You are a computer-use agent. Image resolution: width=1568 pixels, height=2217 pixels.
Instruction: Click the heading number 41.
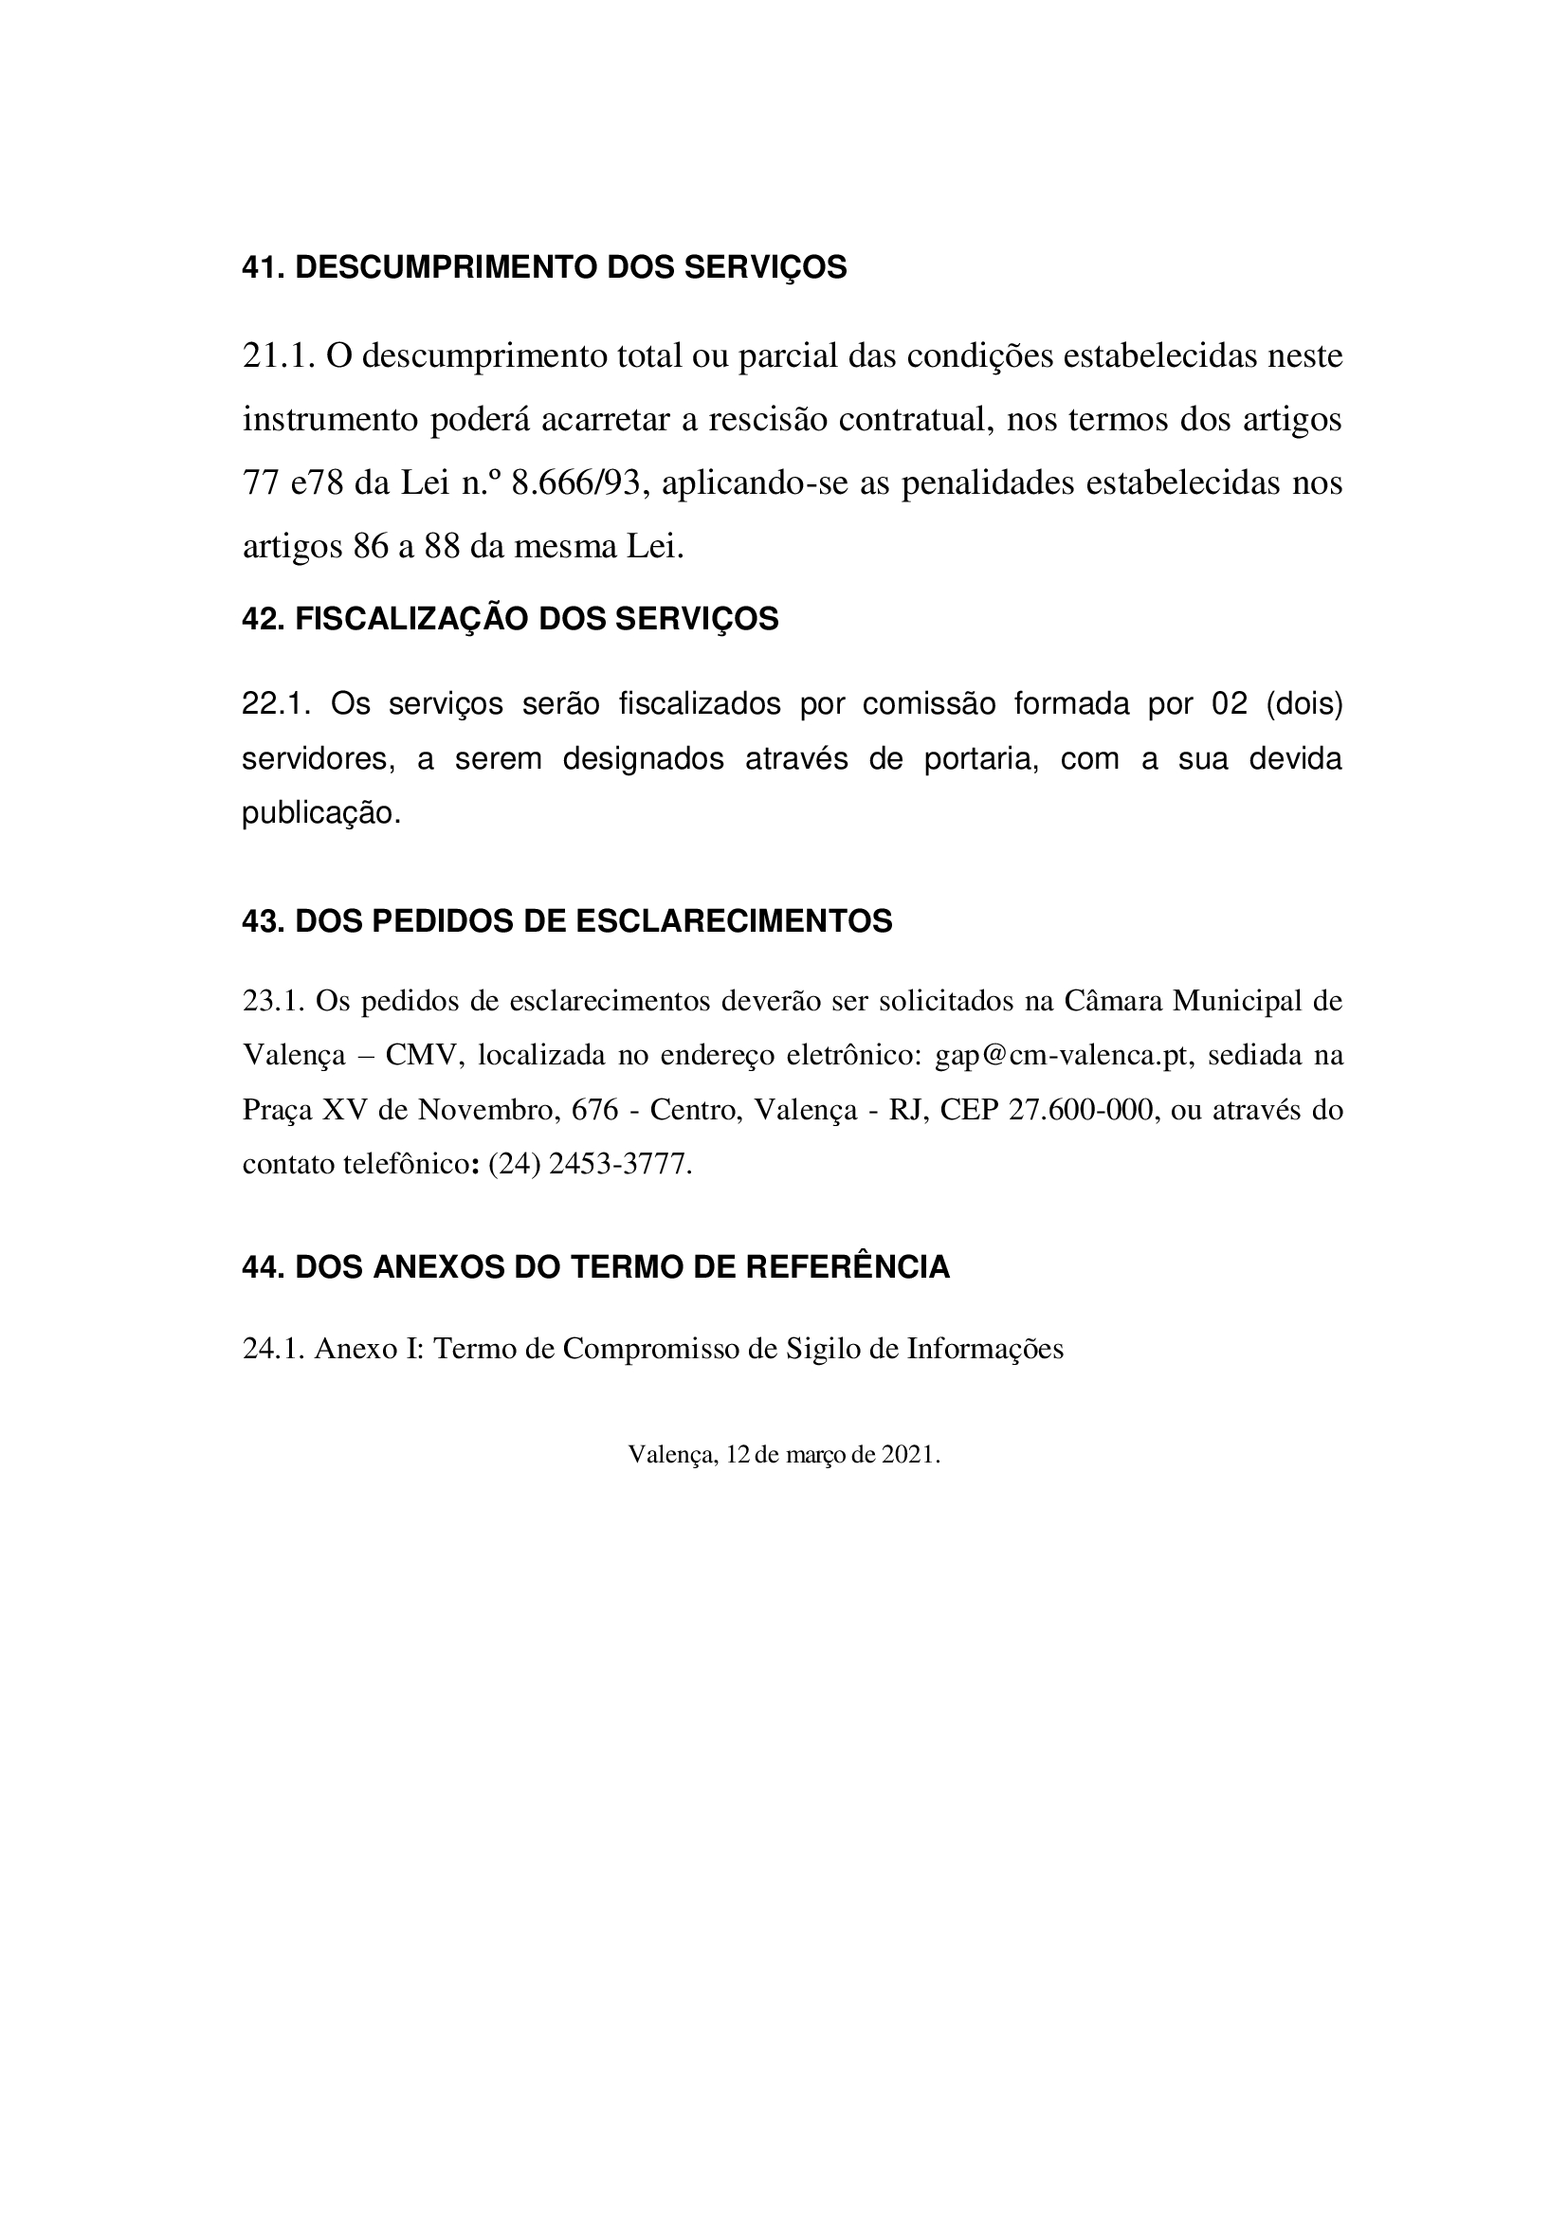tap(262, 267)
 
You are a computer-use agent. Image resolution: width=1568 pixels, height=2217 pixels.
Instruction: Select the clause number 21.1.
tap(278, 356)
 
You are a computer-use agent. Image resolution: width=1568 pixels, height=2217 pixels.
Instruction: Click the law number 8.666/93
tap(575, 482)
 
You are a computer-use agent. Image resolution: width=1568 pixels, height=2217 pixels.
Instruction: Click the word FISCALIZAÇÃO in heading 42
tap(411, 619)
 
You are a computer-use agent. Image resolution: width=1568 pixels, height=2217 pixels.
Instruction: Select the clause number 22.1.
tap(275, 704)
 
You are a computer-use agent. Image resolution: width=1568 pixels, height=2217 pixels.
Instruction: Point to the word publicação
tap(319, 813)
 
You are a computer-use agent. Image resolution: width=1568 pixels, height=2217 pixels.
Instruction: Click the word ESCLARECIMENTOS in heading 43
tap(734, 921)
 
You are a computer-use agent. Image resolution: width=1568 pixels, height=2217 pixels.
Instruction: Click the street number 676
tap(594, 1110)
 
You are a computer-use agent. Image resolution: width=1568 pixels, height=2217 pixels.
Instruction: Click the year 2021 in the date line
tap(907, 1454)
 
